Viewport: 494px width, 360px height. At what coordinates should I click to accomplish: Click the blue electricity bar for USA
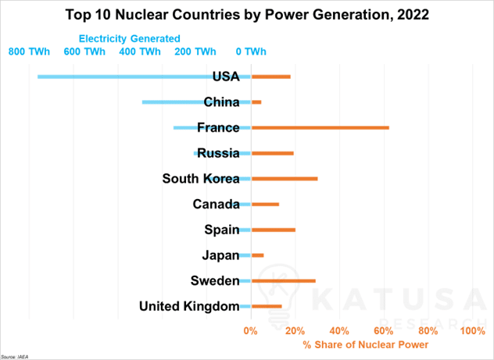(x=125, y=77)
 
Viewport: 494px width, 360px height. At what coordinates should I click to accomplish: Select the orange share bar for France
(x=320, y=127)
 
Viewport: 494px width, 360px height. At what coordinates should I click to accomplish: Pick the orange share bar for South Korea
(x=285, y=179)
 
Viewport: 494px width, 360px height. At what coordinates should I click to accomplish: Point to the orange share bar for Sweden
(x=283, y=280)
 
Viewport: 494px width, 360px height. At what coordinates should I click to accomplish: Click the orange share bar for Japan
(x=257, y=255)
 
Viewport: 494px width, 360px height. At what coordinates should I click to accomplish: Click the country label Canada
(x=216, y=205)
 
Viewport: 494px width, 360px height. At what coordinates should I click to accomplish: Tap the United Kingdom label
(x=189, y=306)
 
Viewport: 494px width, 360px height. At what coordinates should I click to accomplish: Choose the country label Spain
(x=222, y=230)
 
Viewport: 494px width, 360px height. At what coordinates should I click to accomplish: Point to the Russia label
(x=218, y=153)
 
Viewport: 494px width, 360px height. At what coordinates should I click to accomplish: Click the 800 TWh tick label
(x=29, y=52)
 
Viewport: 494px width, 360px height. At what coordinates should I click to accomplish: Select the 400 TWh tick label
(x=140, y=52)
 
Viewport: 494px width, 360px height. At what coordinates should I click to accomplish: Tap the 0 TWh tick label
(x=251, y=52)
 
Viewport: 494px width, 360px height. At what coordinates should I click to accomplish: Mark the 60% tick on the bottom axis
(x=384, y=331)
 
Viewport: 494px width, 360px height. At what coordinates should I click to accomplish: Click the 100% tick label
(x=473, y=331)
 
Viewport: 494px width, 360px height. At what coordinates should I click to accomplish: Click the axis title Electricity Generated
(x=129, y=38)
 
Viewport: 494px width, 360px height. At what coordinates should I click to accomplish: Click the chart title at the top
(x=247, y=13)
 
